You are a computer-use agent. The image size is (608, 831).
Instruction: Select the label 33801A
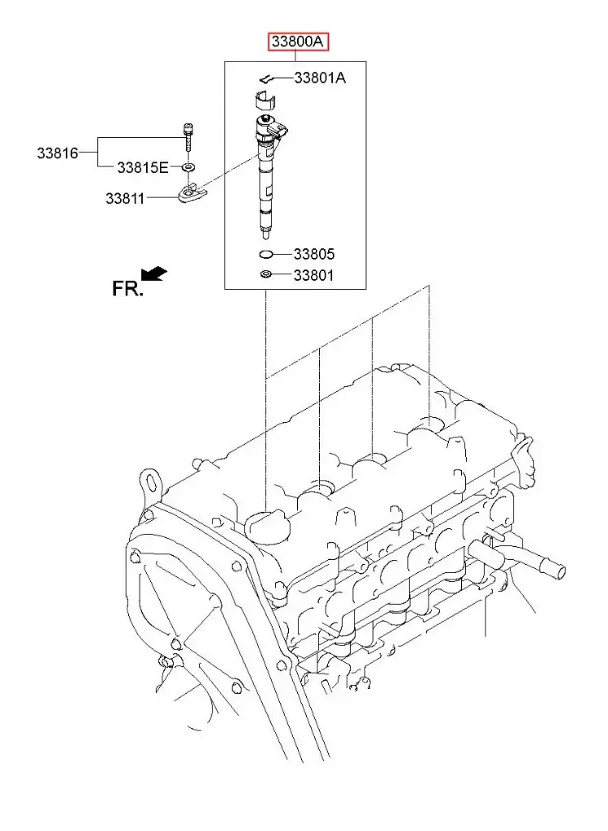coord(319,78)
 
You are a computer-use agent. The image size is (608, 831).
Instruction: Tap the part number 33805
coord(313,254)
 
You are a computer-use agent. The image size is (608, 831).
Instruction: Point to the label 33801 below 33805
coord(313,275)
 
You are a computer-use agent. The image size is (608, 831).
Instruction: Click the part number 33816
coord(56,152)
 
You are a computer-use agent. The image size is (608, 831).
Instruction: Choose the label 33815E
coord(142,167)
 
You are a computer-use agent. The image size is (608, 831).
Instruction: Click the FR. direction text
coord(127,287)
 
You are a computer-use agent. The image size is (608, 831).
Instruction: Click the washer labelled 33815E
coord(188,167)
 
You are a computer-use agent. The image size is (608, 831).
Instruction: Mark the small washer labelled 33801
coord(266,275)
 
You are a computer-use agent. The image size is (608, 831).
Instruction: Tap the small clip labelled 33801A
coord(264,79)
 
